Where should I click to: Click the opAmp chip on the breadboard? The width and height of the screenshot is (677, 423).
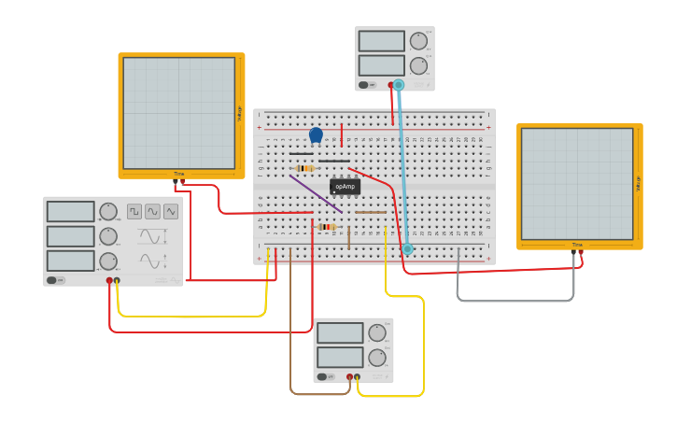point(345,187)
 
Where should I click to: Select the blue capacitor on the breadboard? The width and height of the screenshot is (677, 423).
point(316,135)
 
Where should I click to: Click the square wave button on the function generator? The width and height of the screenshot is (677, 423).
point(134,212)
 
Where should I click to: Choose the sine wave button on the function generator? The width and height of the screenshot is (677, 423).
point(152,212)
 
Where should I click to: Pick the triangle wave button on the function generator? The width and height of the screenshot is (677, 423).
point(170,212)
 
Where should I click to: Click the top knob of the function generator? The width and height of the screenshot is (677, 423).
point(108,212)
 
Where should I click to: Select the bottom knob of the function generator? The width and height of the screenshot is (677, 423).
point(108,261)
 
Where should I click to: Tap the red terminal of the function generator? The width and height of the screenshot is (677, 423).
point(109,280)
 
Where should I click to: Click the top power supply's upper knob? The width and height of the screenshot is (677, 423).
point(418,41)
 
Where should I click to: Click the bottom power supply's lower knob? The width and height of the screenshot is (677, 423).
point(377,358)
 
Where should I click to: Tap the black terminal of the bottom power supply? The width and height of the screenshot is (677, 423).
point(357,377)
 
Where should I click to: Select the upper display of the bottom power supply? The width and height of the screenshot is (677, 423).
point(339,332)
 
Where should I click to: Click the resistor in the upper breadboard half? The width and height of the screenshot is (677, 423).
point(304,168)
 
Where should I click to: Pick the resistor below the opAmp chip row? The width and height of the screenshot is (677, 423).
point(327,227)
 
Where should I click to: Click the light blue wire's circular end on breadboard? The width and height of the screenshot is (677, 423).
point(407,248)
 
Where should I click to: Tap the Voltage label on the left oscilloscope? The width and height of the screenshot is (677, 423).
point(239,113)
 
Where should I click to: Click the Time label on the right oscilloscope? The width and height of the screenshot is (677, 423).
point(576,245)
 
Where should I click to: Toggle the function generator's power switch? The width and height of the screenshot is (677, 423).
point(56,280)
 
